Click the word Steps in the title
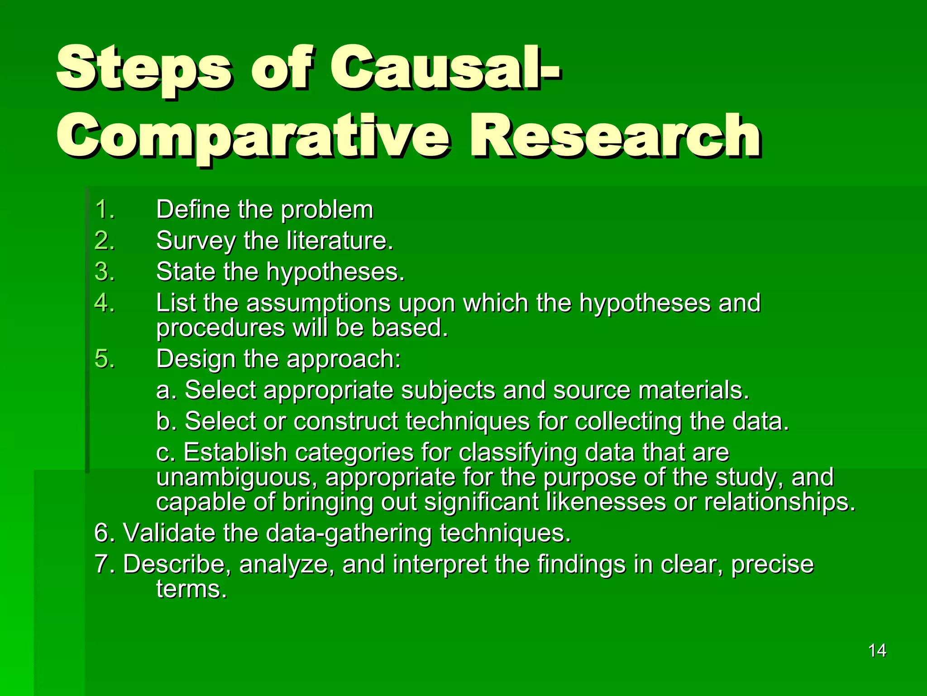pos(144,68)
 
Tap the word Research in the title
pos(616,136)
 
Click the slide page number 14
pos(877,651)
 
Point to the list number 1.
pos(105,210)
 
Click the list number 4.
pos(105,303)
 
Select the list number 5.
pos(105,359)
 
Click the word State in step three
pos(185,272)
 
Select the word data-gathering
pos(349,533)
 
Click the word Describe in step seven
pos(177,565)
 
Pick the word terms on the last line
pos(191,589)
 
